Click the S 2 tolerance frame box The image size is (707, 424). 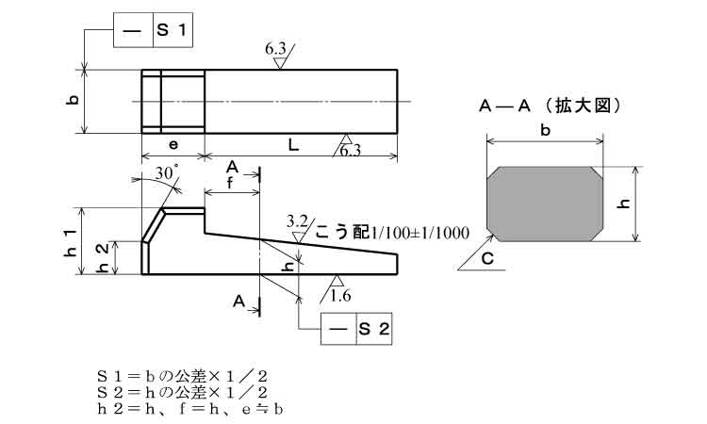[355, 329]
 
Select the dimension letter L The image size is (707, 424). [293, 145]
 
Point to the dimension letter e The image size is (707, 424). [173, 145]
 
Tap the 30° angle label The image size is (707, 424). [167, 174]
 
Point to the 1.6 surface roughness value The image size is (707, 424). [340, 297]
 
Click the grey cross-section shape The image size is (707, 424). [546, 203]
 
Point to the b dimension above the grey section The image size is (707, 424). [546, 132]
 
